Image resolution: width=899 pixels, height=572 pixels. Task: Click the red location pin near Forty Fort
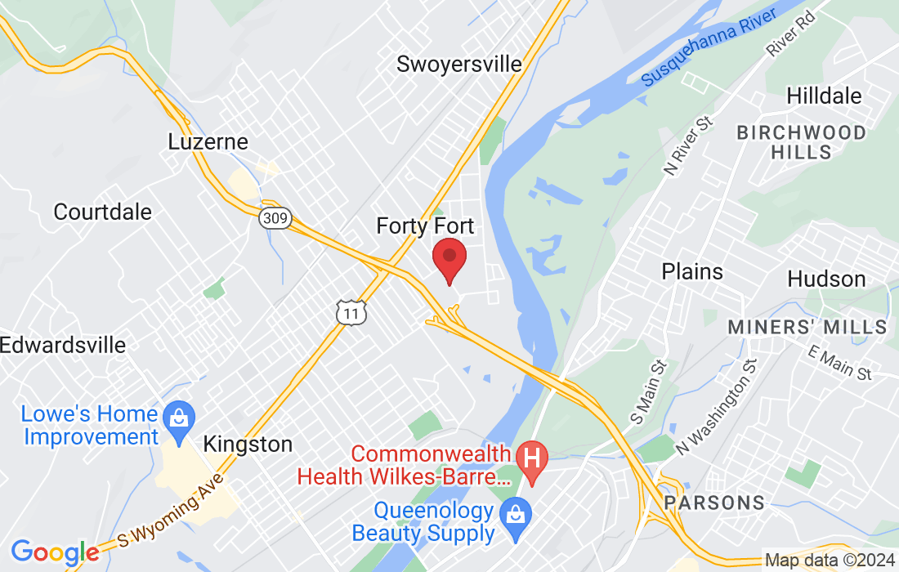click(x=449, y=257)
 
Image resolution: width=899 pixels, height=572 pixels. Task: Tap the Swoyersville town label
click(x=458, y=64)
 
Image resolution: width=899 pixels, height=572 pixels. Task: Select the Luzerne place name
click(x=208, y=141)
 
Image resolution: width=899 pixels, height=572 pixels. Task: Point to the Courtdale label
click(x=103, y=212)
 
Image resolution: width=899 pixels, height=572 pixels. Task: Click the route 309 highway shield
click(x=276, y=218)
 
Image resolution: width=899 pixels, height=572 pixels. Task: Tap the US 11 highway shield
click(x=351, y=311)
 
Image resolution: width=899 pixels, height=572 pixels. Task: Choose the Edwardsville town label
click(x=63, y=344)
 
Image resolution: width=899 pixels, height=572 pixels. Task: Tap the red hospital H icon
click(x=533, y=454)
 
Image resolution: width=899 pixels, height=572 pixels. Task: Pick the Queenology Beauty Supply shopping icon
click(x=517, y=514)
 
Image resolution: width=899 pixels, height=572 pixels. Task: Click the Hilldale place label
click(x=824, y=96)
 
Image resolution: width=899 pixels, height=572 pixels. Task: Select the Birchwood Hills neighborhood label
click(x=801, y=141)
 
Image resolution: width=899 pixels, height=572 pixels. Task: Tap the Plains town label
click(x=692, y=271)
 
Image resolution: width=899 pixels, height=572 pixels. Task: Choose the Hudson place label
click(x=826, y=279)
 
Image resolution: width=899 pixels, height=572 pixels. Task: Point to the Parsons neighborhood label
click(x=714, y=502)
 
